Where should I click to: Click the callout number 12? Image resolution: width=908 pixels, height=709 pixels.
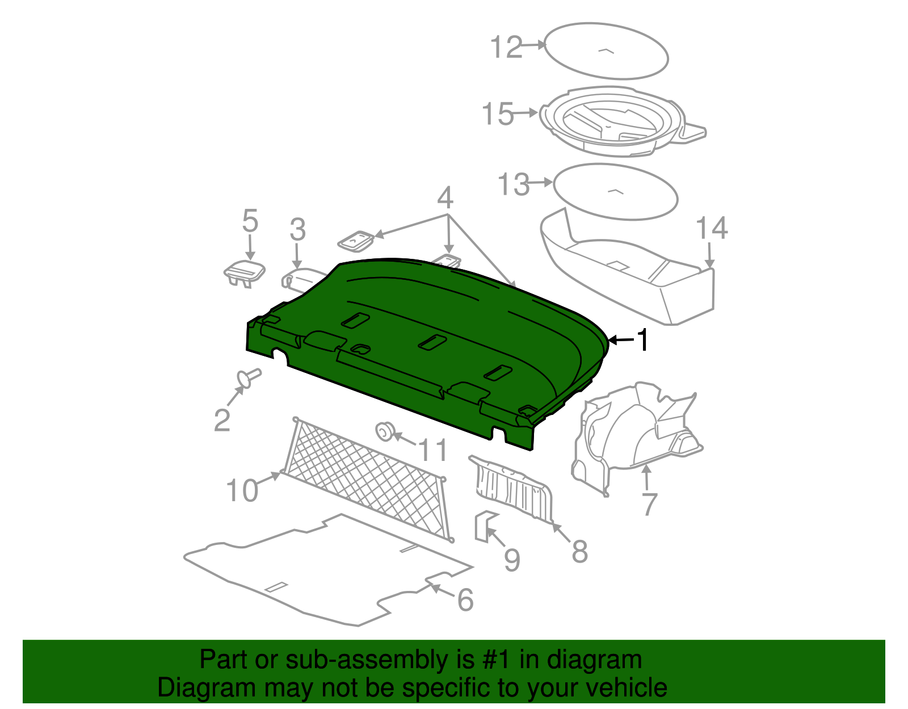point(506,47)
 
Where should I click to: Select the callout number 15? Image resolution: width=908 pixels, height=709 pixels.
point(498,114)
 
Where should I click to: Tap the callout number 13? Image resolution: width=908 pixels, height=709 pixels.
point(514,185)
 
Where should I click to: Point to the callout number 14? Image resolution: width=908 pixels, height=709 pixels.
point(712,228)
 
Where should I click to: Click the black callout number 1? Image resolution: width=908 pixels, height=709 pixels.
point(642,341)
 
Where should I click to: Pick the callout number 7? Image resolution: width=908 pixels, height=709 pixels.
point(649,504)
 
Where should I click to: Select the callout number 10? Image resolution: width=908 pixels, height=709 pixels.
point(242,490)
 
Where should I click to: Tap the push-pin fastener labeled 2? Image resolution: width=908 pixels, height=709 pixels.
point(249,378)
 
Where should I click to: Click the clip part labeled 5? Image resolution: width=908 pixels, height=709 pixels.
point(244,272)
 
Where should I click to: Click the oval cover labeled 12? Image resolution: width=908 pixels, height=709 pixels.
point(606,51)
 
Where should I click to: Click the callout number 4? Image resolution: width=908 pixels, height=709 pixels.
point(445,198)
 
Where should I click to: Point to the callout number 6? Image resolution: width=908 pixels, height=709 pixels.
point(465,601)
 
